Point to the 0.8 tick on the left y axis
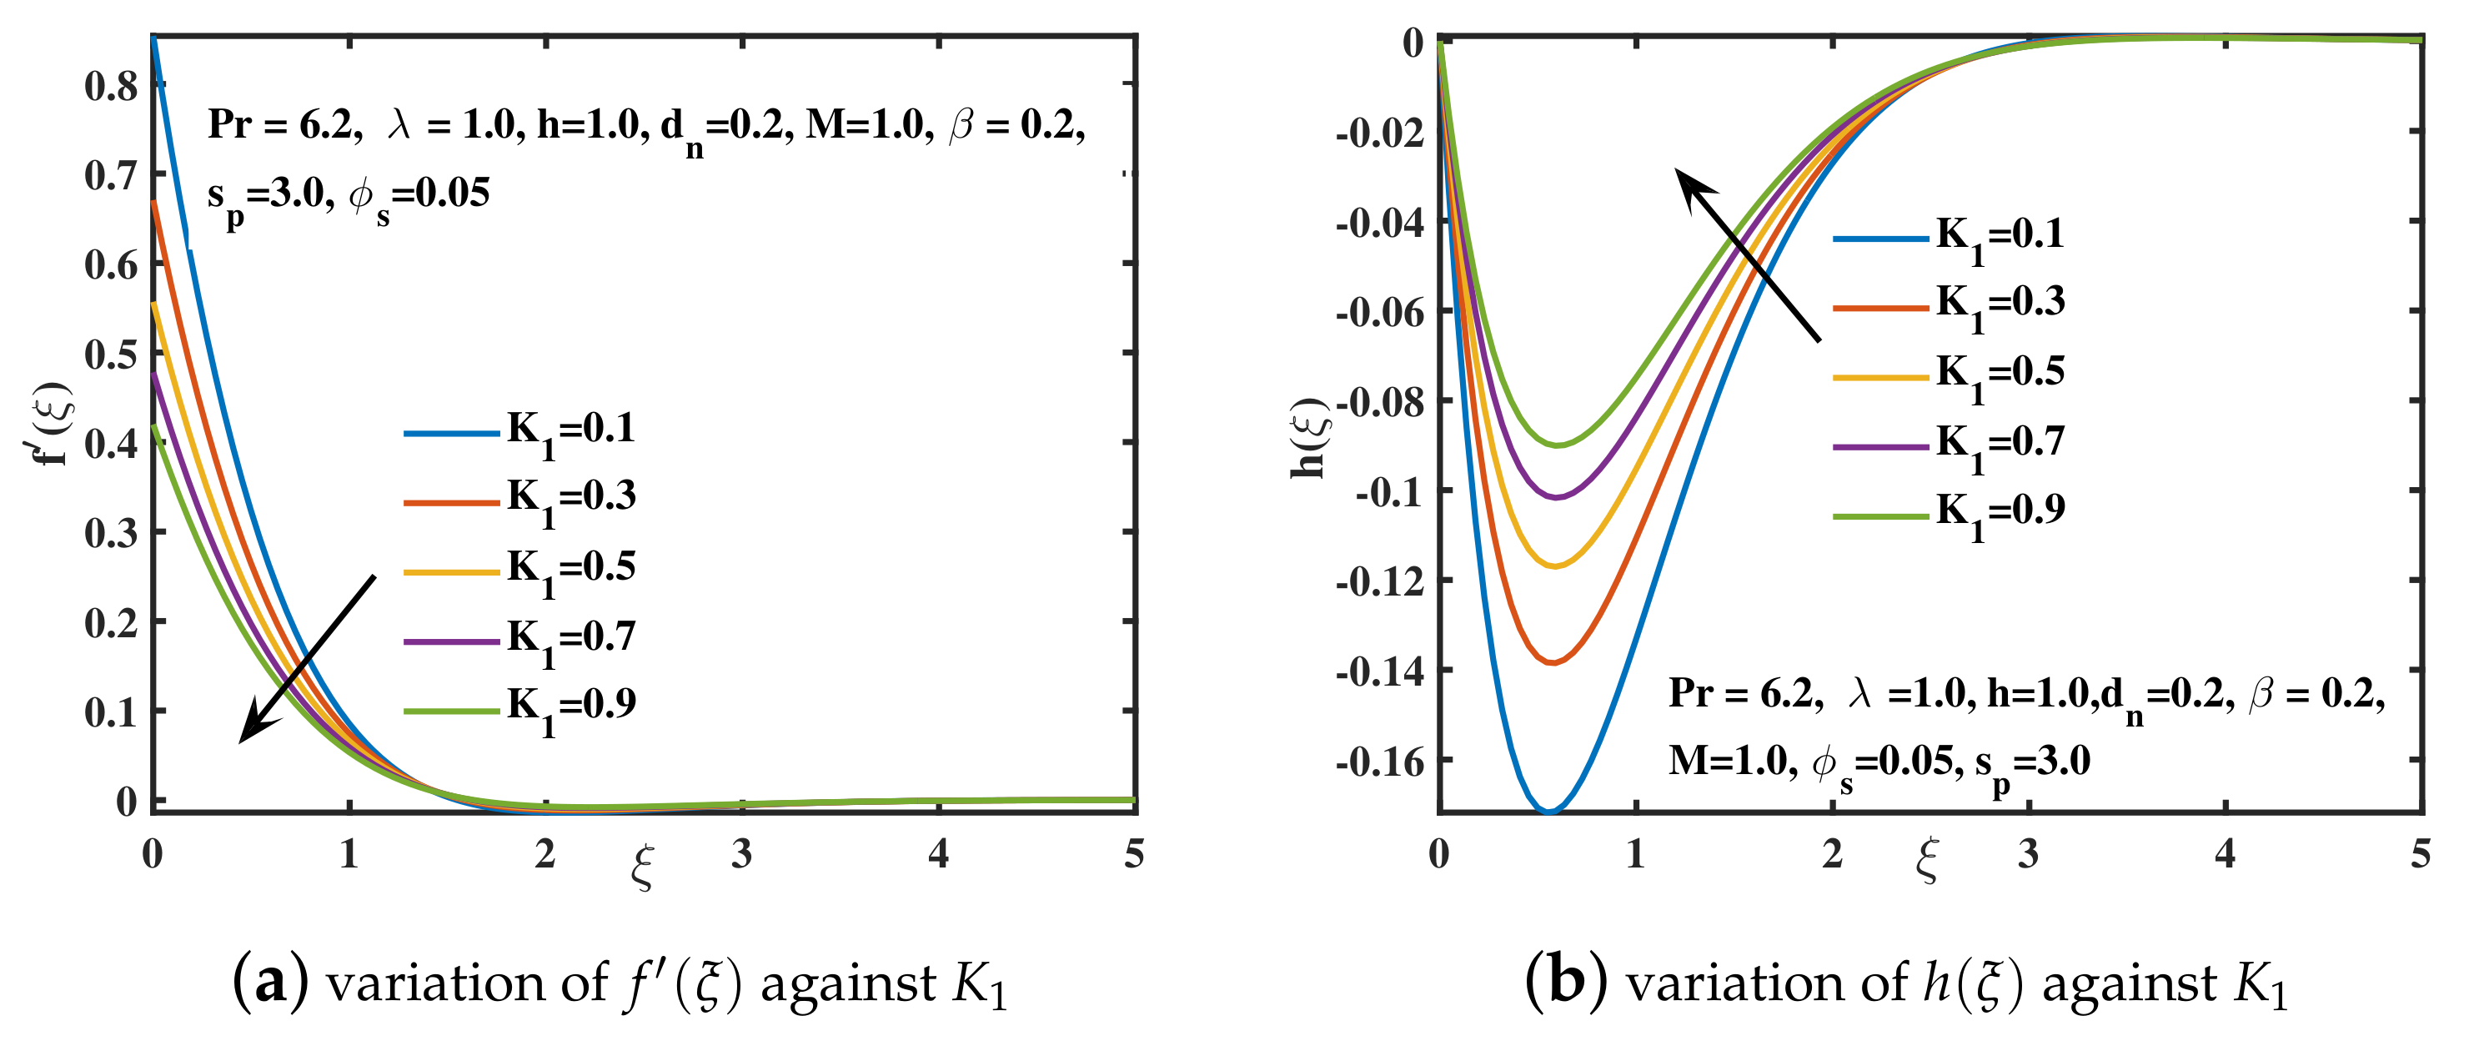click(x=111, y=86)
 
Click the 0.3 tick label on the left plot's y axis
click(x=111, y=533)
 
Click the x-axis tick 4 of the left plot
click(x=938, y=853)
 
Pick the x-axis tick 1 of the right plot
click(x=1636, y=853)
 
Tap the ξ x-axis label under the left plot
click(x=642, y=867)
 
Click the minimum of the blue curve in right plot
click(x=1549, y=810)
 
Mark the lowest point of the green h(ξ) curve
click(x=1558, y=444)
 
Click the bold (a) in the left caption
click(x=270, y=983)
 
